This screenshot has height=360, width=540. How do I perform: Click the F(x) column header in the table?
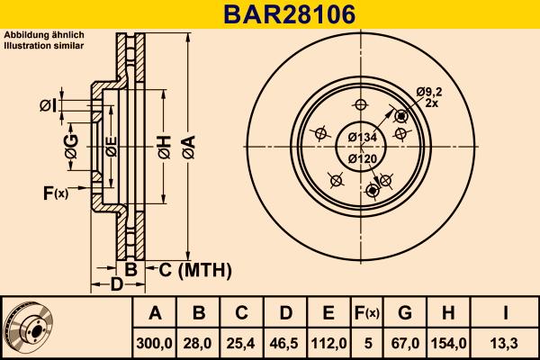coord(366,313)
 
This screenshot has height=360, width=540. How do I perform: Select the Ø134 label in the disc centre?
coord(361,137)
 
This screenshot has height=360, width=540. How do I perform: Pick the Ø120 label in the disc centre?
coord(361,159)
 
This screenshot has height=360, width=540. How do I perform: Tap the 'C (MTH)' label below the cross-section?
coord(195,269)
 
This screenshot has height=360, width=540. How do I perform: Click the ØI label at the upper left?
coord(48,106)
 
